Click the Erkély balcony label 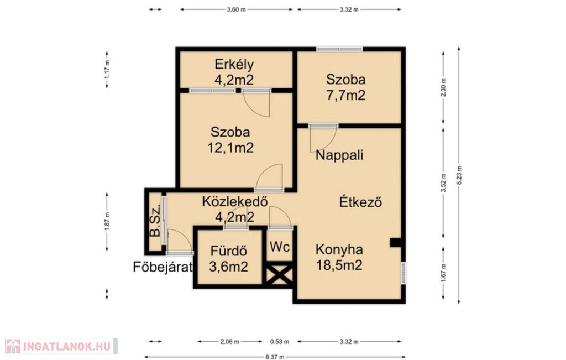tap(234, 64)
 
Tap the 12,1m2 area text tap(230, 148)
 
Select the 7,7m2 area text tap(346, 95)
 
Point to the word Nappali tap(339, 155)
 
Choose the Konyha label tap(339, 249)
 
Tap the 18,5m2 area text tap(339, 265)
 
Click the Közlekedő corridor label tap(234, 201)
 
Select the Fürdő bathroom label tap(228, 251)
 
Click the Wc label tap(280, 247)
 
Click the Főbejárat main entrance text tap(163, 267)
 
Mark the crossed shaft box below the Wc tap(279, 276)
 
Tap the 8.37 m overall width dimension tap(275, 357)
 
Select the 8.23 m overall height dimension tap(459, 175)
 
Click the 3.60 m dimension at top tap(236, 9)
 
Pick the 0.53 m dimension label tap(279, 341)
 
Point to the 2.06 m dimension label tap(230, 341)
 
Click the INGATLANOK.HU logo tap(61, 346)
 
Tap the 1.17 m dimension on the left tap(107, 70)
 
